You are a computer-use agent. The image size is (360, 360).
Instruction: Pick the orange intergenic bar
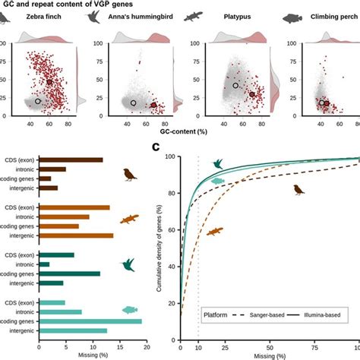point(75,235)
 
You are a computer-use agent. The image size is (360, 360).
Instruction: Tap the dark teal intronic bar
point(43,264)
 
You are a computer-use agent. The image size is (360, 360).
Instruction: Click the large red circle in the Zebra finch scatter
point(49,81)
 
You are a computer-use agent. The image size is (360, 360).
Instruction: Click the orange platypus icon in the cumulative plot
point(215,230)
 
